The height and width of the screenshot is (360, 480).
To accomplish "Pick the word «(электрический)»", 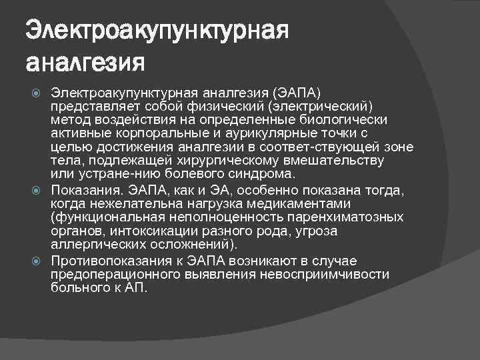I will click(321, 107).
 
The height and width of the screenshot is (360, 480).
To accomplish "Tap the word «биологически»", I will click(350, 119).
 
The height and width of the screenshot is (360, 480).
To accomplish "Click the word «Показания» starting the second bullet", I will click(83, 191).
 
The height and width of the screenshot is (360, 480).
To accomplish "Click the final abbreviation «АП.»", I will click(135, 287).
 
